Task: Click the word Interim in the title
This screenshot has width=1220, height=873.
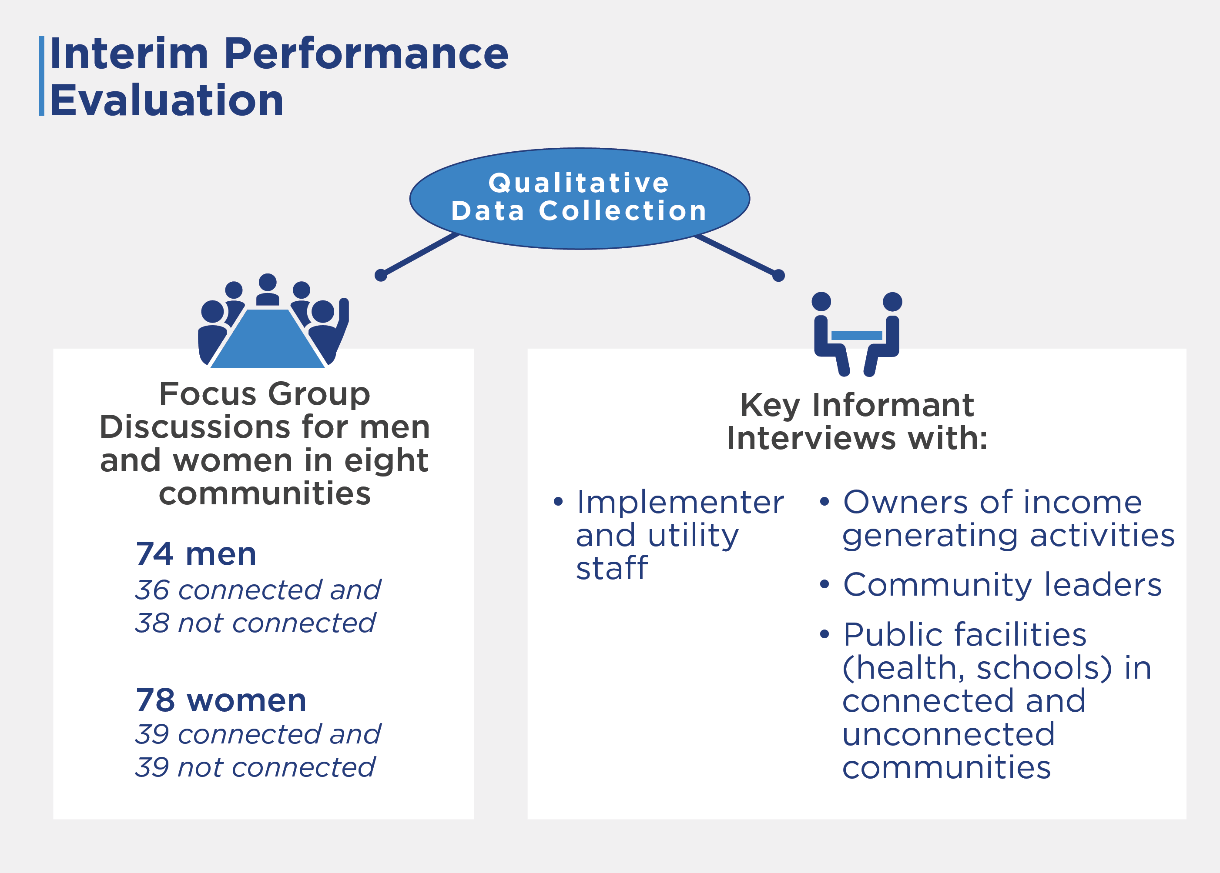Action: coord(129,54)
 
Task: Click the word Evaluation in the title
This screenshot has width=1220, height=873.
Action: coord(167,100)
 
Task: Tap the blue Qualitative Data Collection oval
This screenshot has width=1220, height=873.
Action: coord(580,198)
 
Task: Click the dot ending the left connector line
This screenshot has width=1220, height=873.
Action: coord(381,275)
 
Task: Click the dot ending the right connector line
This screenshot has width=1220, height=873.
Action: coord(778,276)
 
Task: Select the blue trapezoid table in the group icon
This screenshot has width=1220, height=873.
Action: coord(267,339)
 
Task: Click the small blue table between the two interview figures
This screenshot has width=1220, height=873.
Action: coord(856,336)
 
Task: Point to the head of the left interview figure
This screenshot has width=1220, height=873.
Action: coord(821,302)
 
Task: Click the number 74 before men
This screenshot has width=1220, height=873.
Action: coord(154,554)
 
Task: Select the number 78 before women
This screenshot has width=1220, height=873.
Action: coord(155,700)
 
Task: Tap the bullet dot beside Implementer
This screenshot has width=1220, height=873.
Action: coord(558,502)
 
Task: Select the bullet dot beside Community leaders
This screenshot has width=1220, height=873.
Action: coord(824,584)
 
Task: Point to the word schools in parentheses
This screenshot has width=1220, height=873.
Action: coord(1044,668)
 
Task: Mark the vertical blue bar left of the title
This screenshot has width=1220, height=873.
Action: coord(41,77)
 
